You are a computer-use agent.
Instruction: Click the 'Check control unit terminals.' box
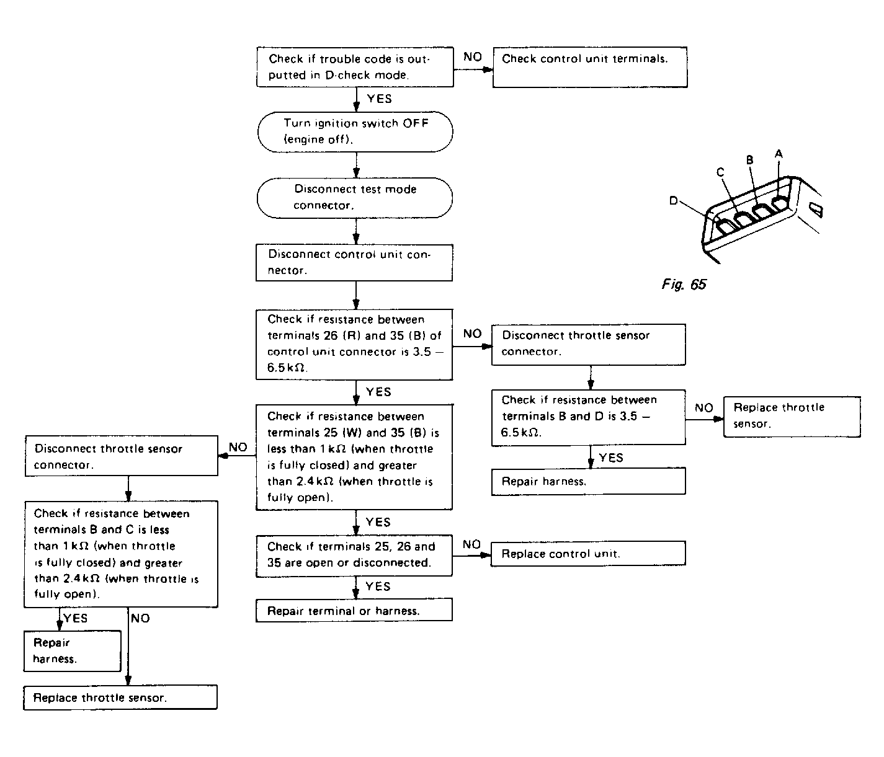coord(589,66)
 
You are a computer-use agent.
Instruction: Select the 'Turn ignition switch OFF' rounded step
coord(355,131)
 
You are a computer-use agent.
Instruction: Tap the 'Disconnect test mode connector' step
coord(354,197)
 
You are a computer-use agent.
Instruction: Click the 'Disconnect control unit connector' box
coord(354,262)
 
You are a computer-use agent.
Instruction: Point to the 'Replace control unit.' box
coord(588,554)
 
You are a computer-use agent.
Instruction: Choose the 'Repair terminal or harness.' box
coord(354,611)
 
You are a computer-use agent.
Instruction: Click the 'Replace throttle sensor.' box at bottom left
coord(120,697)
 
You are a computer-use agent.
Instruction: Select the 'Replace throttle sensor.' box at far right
coord(792,416)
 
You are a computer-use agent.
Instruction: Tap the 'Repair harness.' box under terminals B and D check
coord(588,481)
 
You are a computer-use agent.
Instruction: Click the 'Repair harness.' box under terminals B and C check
coord(72,651)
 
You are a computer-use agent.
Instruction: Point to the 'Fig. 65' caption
coord(683,285)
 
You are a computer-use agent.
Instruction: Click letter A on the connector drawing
coord(779,153)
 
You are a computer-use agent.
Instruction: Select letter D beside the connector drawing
coord(674,201)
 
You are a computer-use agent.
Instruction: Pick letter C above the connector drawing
coord(720,172)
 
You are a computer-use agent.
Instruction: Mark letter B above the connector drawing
coord(749,159)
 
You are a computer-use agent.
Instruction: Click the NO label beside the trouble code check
coord(473,57)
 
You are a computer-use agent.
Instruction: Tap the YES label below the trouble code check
coord(379,99)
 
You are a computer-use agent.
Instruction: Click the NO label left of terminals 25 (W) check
coord(238,447)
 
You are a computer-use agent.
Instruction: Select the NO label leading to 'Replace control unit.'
coord(471,544)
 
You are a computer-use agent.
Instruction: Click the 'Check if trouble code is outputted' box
coord(354,66)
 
